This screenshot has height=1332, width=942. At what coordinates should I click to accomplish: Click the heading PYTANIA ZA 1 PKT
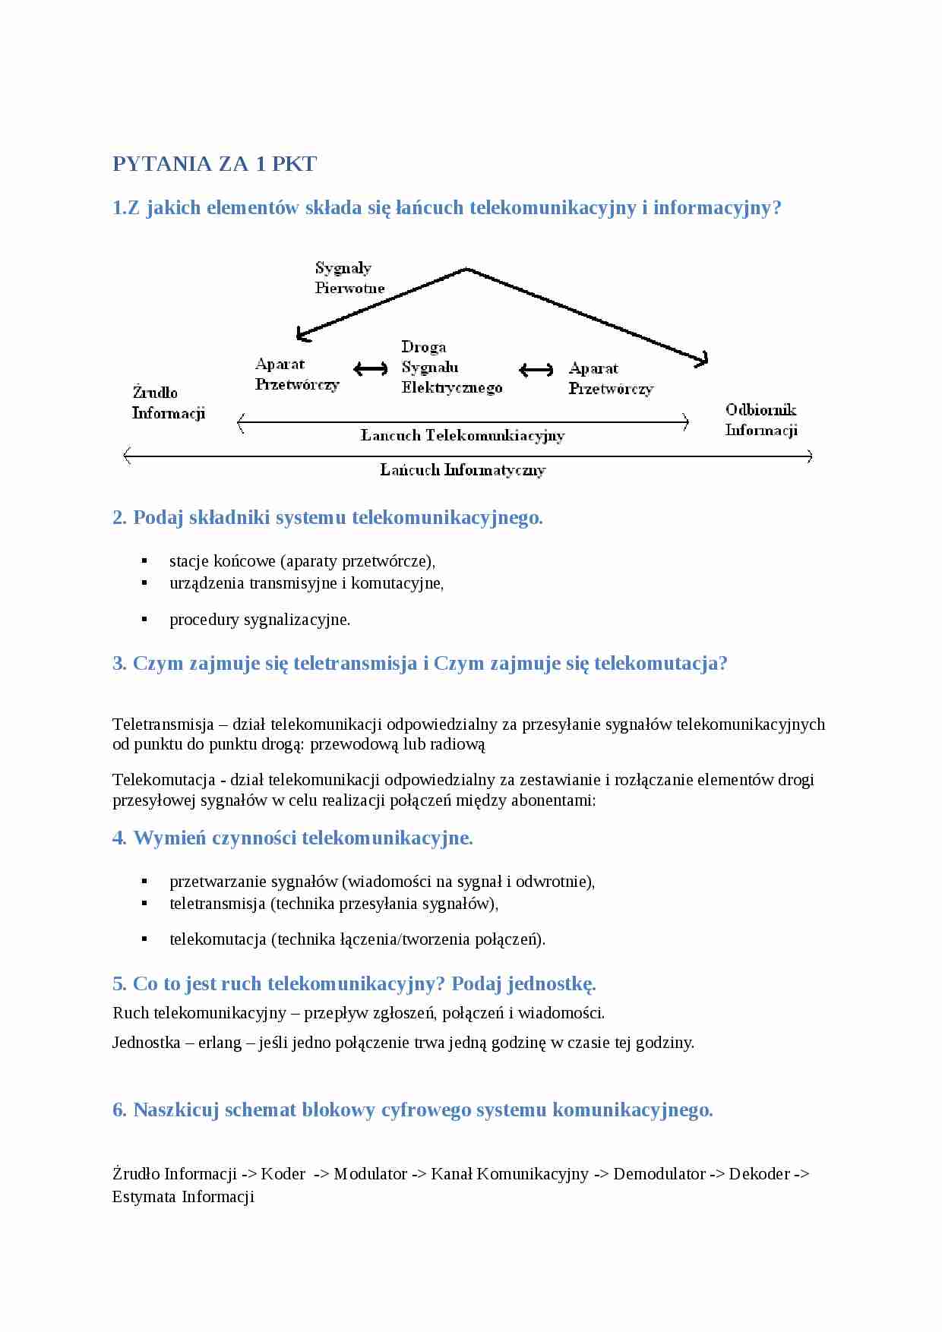click(x=214, y=164)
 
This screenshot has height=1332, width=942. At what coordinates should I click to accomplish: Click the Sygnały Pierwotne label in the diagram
click(x=349, y=278)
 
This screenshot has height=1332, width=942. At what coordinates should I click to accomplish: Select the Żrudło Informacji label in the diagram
click(x=168, y=402)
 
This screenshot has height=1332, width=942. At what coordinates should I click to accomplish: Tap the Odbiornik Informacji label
click(x=760, y=420)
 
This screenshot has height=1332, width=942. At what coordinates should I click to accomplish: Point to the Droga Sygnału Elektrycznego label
click(x=451, y=368)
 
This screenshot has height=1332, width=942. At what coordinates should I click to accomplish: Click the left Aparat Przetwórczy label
click(x=296, y=374)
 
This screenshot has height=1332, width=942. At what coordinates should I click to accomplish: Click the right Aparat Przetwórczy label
click(x=610, y=378)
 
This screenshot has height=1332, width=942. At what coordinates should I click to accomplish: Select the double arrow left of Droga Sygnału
click(x=371, y=369)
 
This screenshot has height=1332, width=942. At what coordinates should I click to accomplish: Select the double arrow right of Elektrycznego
click(x=536, y=370)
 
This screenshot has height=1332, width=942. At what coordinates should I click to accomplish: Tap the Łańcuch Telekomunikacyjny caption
click(x=462, y=435)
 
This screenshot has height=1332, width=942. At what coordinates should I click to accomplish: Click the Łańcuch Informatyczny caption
click(x=463, y=470)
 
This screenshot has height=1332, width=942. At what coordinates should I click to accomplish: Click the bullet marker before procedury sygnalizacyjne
click(x=144, y=619)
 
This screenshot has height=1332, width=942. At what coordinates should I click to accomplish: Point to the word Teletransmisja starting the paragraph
click(x=163, y=724)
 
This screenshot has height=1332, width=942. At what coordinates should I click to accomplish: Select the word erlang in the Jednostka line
click(x=220, y=1043)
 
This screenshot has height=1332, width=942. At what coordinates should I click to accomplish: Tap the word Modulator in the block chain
click(x=370, y=1174)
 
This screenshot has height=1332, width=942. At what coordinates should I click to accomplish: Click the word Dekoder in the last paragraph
click(x=759, y=1174)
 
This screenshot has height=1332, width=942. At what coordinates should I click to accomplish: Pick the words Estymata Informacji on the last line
click(x=183, y=1197)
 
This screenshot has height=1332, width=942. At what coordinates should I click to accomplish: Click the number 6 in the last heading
click(x=119, y=1110)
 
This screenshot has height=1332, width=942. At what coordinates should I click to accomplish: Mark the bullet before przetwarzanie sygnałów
click(x=144, y=881)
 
